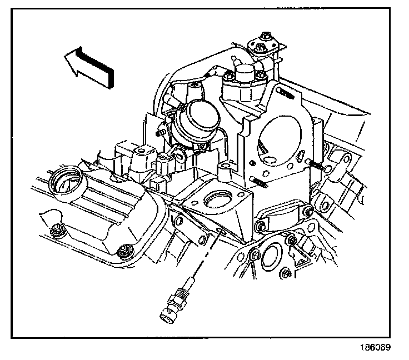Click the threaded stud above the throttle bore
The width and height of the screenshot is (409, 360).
(x=285, y=92)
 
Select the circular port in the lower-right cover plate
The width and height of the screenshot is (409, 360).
(x=270, y=257)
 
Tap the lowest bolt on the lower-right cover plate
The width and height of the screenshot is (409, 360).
(x=284, y=273)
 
